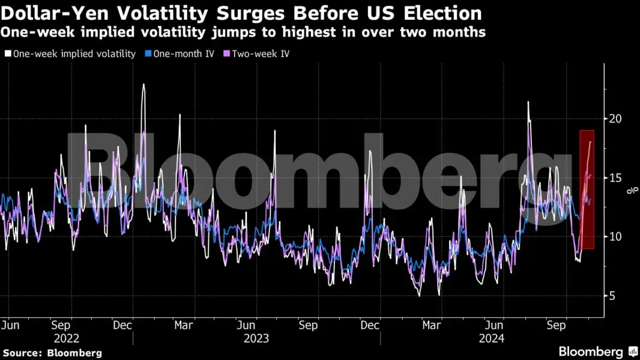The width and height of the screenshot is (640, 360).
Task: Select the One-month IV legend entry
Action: [184, 53]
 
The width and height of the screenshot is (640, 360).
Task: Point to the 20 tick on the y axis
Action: [615, 118]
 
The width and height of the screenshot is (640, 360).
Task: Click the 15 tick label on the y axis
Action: [615, 178]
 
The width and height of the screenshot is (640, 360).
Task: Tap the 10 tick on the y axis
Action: [615, 236]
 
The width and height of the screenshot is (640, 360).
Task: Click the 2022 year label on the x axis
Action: [66, 338]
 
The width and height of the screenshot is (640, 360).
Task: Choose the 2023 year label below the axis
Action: [256, 338]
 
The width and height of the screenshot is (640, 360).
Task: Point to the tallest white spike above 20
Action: [143, 86]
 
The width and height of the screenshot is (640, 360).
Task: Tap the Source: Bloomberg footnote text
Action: [52, 353]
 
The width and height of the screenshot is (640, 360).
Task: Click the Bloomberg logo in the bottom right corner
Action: [597, 352]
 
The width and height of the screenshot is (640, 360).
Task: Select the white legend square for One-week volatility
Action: [8, 53]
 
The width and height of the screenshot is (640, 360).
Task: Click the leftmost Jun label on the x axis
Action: [10, 325]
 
